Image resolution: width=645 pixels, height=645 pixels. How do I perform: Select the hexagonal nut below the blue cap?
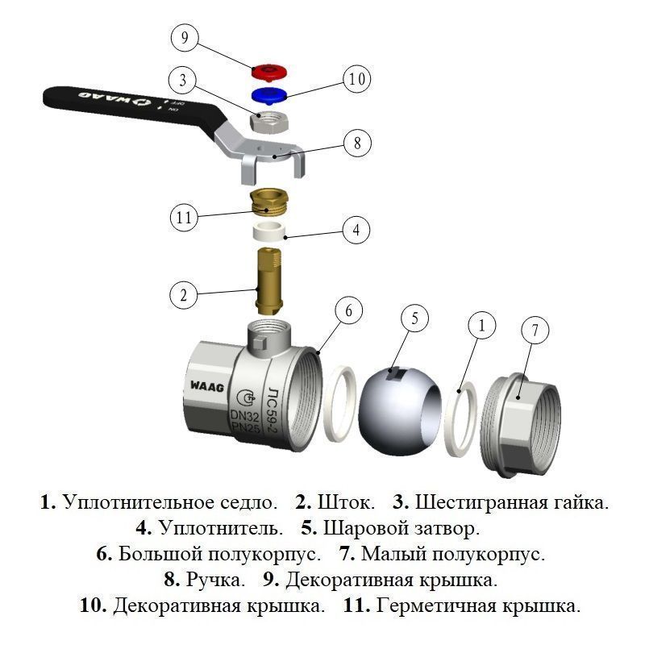click(x=267, y=123)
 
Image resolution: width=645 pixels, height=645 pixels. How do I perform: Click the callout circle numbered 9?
click(x=185, y=38)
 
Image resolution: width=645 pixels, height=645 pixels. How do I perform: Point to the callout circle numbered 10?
click(x=356, y=79)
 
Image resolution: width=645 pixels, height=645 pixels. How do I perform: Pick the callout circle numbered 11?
click(x=185, y=216)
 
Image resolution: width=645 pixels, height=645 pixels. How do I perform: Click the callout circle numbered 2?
click(x=184, y=295)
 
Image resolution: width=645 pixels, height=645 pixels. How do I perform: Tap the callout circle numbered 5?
click(x=415, y=318)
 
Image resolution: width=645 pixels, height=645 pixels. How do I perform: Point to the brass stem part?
click(x=267, y=282)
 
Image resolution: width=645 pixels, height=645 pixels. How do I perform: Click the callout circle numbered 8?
click(x=356, y=144)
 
